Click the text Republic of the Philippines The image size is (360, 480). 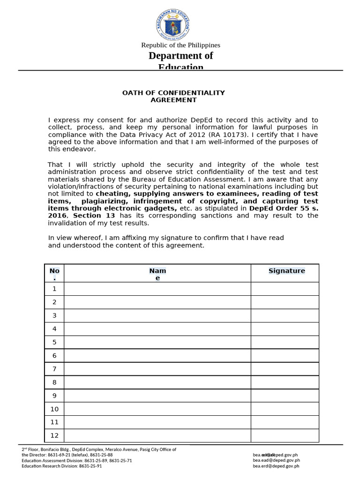180,45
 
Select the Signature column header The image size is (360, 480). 286,271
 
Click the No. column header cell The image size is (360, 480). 54,274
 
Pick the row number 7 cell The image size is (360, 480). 54,369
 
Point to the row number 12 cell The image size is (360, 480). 54,435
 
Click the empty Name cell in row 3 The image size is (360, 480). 157,315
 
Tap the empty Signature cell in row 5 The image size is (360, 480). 285,342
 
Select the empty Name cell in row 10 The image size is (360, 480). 157,409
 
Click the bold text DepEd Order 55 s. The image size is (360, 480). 284,208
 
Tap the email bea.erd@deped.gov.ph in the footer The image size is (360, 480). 276,466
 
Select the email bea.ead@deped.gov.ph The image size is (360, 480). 276,460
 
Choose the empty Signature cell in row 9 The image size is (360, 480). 285,396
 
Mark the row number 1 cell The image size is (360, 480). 54,289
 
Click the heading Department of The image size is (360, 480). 180,56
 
